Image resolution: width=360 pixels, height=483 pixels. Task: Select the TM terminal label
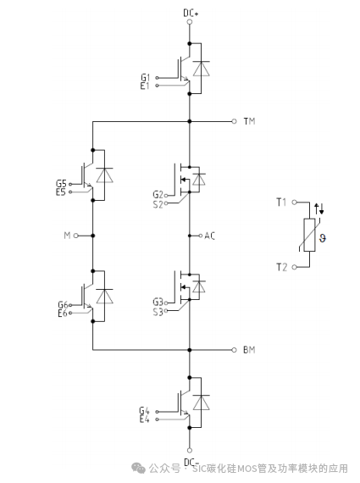coord(249,122)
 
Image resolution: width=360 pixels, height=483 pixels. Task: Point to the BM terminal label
coord(249,349)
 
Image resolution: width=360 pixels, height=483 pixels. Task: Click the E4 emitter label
coord(144,419)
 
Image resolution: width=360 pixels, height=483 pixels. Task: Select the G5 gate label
coord(60,183)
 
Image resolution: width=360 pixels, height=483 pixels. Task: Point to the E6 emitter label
coord(61,314)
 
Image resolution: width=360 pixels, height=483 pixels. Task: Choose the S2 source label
coord(158,203)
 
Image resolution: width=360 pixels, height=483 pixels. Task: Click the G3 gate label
coord(158,302)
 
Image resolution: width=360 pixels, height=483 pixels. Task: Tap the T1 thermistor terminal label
coord(281,202)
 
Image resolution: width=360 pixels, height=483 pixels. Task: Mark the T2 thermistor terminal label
coord(281,267)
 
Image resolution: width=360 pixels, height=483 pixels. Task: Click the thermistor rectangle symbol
coord(308,236)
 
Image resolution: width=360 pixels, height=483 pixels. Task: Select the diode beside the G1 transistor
coord(199,69)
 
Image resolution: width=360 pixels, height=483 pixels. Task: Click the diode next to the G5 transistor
coord(103,175)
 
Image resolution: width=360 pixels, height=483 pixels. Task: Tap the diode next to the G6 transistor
coord(103,296)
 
